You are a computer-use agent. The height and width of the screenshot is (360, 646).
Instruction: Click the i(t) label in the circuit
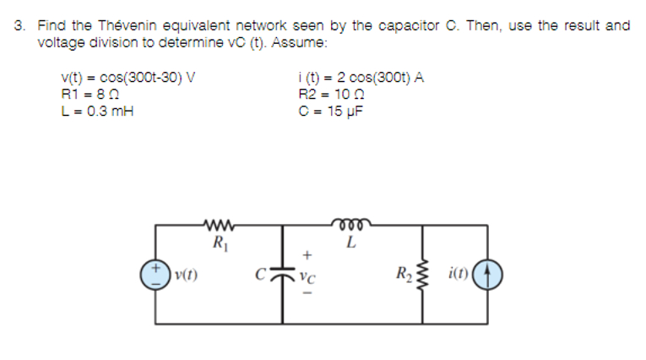point(461,274)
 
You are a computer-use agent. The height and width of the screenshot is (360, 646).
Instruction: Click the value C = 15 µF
point(324,109)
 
